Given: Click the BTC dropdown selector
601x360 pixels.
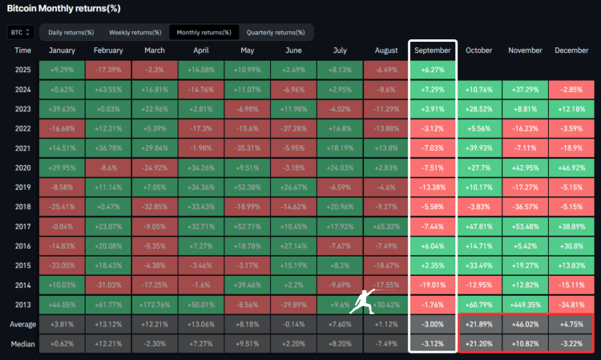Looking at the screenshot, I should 21,32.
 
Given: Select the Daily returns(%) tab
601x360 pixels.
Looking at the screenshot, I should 71,32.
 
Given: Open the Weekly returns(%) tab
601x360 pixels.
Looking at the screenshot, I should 132,32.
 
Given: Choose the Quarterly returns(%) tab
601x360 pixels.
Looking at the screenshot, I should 275,32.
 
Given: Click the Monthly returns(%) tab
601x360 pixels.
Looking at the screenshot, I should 204,32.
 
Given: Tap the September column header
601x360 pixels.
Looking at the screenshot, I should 432,51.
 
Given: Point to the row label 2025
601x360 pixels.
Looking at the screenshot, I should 23,69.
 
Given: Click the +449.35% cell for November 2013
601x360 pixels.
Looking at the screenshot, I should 525,305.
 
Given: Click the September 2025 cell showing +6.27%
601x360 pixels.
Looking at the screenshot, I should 432,69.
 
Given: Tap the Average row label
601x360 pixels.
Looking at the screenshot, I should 23,324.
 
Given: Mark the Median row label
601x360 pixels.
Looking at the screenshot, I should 23,343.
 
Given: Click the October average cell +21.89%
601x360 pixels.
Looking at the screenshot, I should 478,324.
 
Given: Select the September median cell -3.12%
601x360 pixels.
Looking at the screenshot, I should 432,343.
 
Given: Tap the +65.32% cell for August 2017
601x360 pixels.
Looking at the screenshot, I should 387,226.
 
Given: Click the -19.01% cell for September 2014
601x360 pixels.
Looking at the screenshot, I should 432,285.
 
